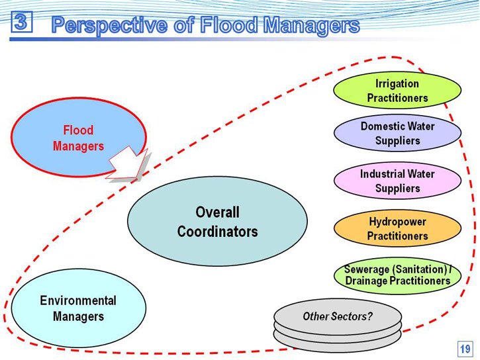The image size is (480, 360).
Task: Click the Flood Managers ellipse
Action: tap(78, 138)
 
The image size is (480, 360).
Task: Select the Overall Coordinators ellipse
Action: tap(217, 221)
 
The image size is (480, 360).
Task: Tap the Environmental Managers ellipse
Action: tap(78, 308)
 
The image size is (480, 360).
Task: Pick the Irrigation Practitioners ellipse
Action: tap(397, 91)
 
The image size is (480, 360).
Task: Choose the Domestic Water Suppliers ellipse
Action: tap(397, 133)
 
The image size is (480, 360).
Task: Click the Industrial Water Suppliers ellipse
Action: tap(397, 181)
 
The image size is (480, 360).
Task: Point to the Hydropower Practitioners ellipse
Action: tap(397, 228)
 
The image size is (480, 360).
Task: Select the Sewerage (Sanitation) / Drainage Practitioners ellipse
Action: tap(397, 275)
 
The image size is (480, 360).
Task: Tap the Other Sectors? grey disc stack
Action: tap(338, 325)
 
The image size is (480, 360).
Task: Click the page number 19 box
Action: tap(465, 349)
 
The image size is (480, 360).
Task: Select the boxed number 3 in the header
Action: tap(21, 21)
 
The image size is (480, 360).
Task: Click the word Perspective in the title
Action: tap(110, 25)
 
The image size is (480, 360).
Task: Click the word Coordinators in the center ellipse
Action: tap(217, 232)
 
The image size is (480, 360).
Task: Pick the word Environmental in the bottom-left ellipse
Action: tap(78, 300)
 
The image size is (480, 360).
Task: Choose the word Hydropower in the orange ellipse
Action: tap(397, 222)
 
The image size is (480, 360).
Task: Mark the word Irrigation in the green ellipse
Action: tap(397, 84)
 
